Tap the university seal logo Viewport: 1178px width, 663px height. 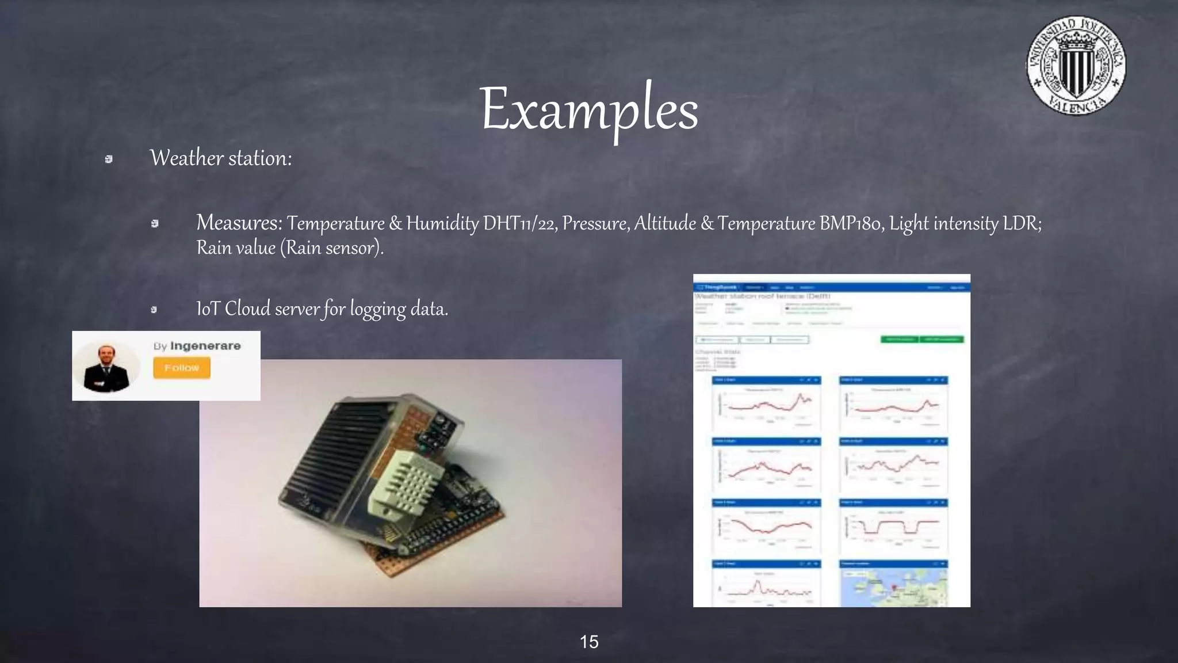tap(1076, 65)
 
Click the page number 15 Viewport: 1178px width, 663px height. tap(589, 642)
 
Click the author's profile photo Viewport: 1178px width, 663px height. tap(106, 367)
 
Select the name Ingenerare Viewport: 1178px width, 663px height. tap(205, 346)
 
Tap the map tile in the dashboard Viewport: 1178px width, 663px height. tap(893, 587)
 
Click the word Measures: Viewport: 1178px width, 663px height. tap(239, 222)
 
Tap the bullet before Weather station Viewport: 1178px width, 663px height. tap(109, 159)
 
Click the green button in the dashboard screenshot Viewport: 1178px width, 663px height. tap(900, 340)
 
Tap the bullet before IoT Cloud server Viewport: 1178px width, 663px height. tap(154, 310)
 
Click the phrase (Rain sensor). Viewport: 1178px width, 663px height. tap(332, 248)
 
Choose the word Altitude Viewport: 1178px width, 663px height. tap(665, 223)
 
